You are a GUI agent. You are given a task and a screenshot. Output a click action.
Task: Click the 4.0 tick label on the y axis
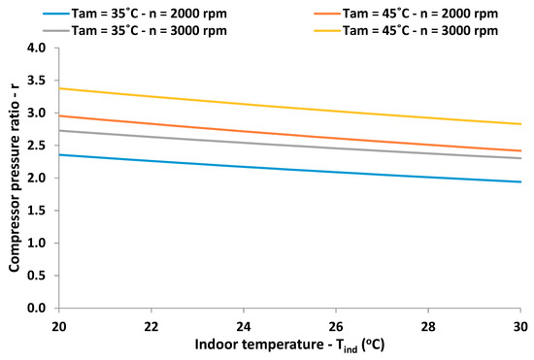(35, 48)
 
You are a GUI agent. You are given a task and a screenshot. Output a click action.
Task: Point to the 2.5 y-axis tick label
(35, 146)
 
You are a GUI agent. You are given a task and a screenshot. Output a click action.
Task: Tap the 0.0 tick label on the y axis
(35, 308)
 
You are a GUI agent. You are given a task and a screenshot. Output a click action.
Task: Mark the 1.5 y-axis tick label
(35, 211)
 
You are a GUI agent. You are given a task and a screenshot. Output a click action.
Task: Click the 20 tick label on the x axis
(60, 324)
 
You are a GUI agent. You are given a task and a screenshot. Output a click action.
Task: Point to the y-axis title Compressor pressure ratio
(14, 178)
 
